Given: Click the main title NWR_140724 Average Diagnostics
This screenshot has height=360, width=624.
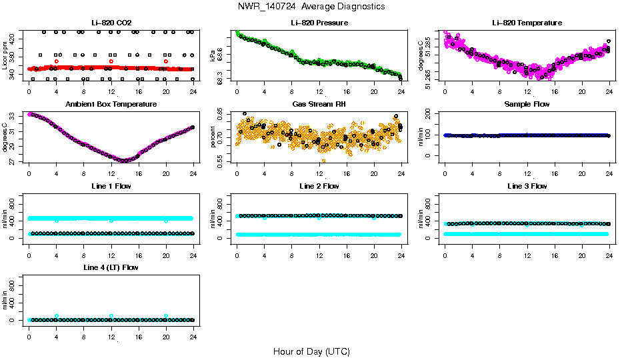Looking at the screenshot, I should [311, 7].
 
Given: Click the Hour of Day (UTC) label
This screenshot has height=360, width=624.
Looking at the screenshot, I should [311, 351].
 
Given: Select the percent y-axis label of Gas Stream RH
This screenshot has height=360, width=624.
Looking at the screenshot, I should [213, 137].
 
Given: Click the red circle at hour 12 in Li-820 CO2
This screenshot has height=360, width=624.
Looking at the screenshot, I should [111, 61].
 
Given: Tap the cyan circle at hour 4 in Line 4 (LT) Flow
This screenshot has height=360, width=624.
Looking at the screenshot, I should [57, 316].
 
